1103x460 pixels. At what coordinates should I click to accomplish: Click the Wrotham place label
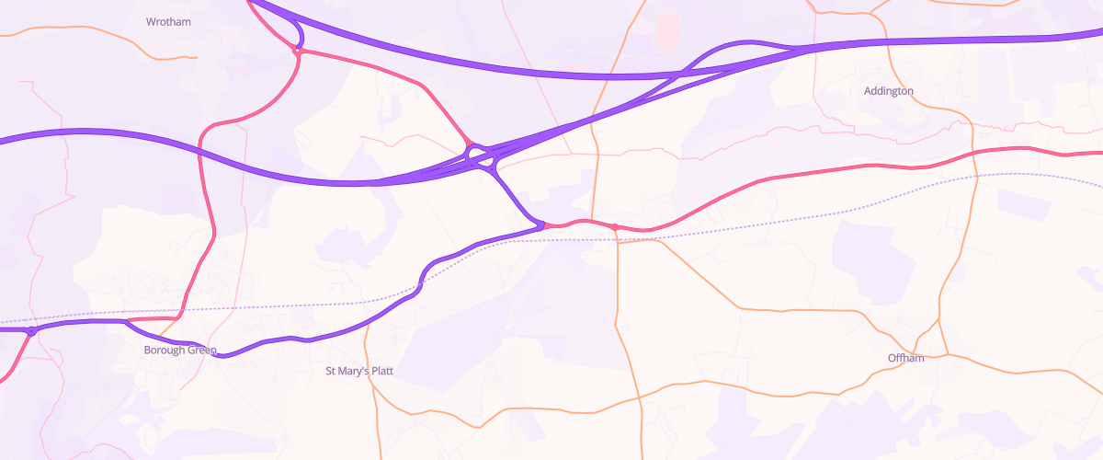169,21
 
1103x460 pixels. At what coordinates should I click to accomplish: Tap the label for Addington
888,91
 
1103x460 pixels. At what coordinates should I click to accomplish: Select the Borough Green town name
180,351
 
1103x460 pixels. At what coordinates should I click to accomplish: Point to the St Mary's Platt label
360,372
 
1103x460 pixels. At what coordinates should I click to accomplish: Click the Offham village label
905,358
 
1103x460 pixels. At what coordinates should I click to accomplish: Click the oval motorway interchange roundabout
481,157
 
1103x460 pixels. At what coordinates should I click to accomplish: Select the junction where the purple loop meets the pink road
297,51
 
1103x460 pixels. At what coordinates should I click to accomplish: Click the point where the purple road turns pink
542,224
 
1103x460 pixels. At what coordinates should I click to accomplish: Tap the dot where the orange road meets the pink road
613,226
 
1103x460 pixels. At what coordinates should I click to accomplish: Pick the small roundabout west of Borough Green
31,331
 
